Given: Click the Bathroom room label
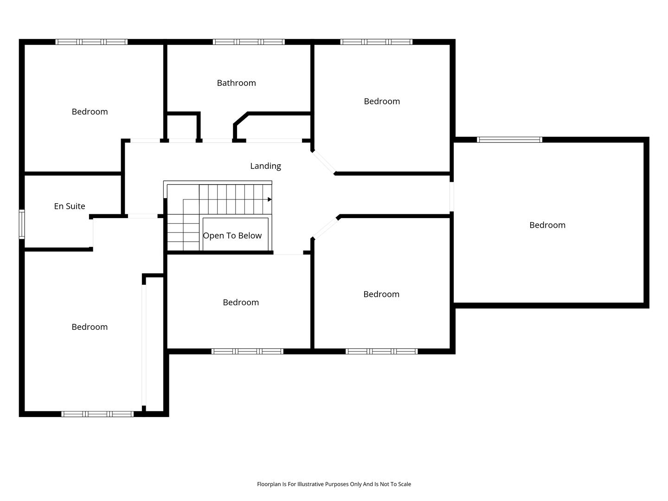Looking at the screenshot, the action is point(236,83).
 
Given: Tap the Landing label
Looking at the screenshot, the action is point(265,166).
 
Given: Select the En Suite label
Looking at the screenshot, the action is point(70,206).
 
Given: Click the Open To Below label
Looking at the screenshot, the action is point(232,236).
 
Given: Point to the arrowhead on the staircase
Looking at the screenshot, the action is point(270,199).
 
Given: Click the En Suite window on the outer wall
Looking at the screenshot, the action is point(22,224).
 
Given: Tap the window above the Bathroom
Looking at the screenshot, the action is point(248,42).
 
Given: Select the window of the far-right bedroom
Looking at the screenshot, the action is point(509,140).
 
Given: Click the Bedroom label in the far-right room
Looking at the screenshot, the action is point(547,225).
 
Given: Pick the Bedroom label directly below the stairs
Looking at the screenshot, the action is point(241,302).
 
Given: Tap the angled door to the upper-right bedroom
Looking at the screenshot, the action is point(323,162).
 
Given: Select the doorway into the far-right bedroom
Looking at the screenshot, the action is point(452,197).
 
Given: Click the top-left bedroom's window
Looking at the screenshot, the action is point(91,42).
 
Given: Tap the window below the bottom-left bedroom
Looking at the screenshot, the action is point(97,414).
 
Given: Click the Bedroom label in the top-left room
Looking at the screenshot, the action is point(90,112).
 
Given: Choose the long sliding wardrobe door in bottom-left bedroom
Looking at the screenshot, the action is point(144,345).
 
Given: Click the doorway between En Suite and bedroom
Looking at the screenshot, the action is point(91,233).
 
